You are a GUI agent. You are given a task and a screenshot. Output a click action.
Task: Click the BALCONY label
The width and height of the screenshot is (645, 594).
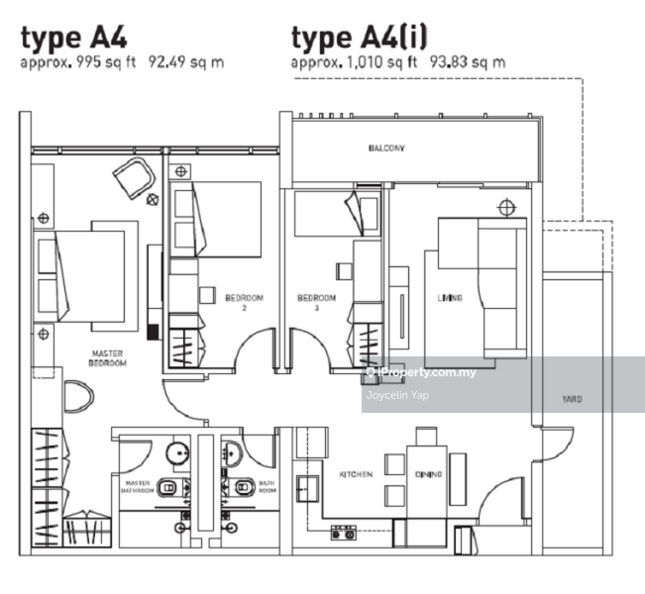386,148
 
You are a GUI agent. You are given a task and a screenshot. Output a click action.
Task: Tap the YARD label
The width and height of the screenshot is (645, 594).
572,399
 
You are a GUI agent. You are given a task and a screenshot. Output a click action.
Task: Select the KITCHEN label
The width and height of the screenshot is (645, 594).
356,474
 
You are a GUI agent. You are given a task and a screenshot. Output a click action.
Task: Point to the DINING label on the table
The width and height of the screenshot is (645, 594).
428,474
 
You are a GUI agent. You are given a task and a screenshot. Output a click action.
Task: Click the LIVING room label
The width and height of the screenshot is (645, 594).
450,298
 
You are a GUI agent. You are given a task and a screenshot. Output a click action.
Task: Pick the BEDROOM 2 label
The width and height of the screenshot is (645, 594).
244,303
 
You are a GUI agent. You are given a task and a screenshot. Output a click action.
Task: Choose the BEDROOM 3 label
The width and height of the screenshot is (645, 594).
316,303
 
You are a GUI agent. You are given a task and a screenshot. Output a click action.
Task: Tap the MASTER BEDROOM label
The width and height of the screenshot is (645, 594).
107,358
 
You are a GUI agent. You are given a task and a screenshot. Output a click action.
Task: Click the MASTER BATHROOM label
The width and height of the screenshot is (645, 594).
138,487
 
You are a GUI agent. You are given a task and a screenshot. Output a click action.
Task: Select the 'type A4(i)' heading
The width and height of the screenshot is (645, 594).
359,37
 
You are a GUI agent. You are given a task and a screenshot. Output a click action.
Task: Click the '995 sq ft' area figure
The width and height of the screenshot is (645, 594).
106,62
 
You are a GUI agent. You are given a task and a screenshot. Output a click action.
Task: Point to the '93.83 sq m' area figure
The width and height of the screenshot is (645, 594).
468,62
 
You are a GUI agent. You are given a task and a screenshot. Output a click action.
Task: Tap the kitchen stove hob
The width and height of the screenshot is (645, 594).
344,533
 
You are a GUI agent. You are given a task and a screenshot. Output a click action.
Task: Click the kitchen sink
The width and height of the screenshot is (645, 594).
307,488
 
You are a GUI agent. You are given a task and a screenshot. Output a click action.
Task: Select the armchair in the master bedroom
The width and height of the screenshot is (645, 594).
135,178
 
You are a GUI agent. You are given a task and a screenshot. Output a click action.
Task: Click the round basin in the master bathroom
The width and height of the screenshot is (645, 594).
177,453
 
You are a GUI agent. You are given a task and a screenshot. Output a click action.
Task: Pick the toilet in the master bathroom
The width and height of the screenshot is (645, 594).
169,487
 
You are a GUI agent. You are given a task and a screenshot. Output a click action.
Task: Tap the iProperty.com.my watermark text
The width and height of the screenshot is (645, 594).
426,372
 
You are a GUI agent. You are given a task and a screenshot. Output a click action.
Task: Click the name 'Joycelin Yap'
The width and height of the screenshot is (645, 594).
397,395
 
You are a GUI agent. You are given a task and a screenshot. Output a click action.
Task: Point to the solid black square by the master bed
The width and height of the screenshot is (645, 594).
153,333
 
